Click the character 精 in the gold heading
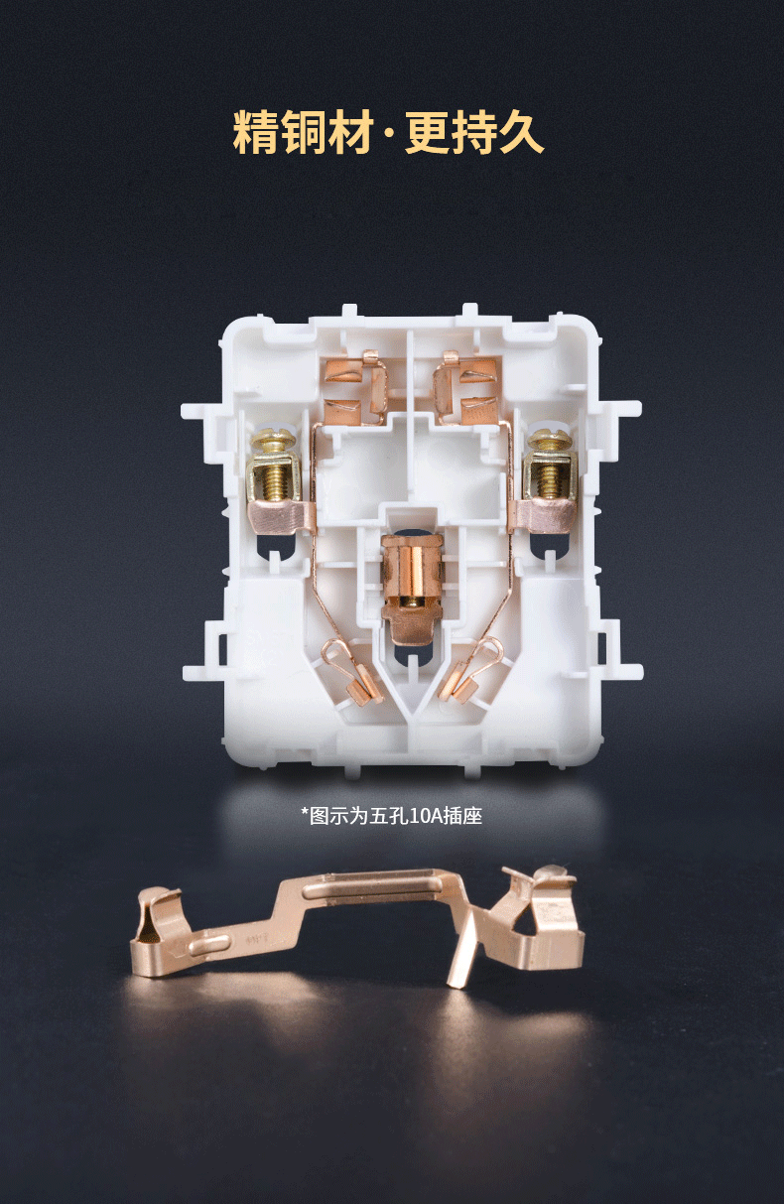click(256, 132)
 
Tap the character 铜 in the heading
click(303, 132)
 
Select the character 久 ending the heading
click(521, 132)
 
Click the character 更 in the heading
click(428, 132)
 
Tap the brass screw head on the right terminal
click(549, 440)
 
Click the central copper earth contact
click(412, 589)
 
